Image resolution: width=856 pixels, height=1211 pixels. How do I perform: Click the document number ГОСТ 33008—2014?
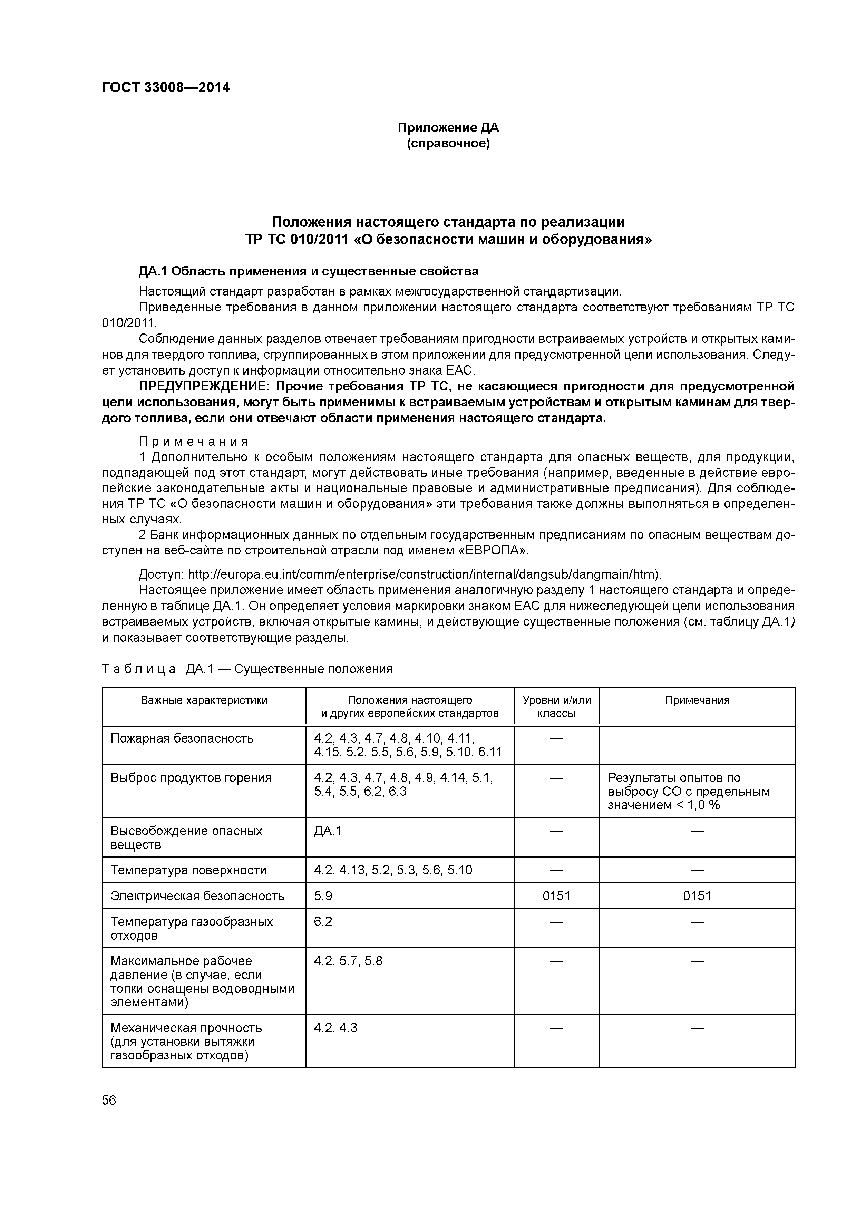[166, 88]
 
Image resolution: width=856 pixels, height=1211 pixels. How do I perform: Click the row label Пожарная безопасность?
[182, 738]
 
